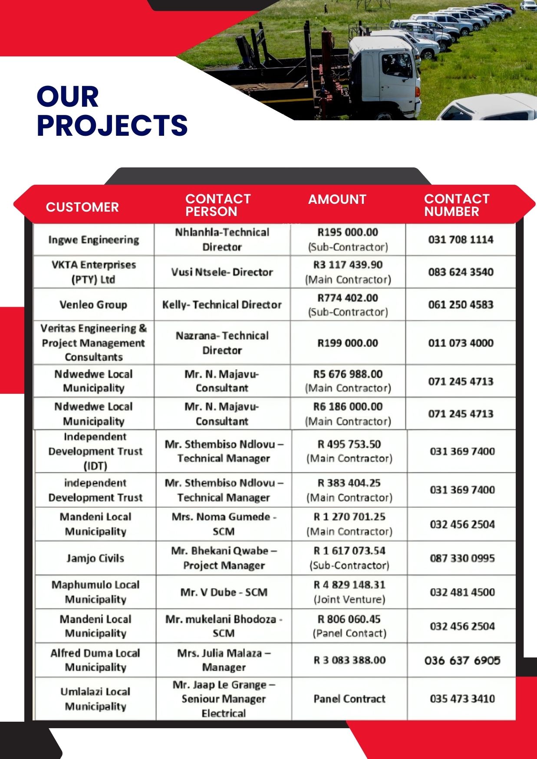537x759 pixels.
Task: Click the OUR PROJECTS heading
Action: tap(112, 111)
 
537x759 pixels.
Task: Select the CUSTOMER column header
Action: tap(82, 207)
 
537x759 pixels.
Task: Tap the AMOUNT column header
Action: tap(337, 199)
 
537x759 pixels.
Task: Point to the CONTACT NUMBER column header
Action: tap(457, 205)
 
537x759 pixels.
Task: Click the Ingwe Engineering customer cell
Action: tap(94, 240)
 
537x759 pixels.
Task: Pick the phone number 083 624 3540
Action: tap(461, 272)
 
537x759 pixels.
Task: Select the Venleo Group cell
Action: tap(93, 304)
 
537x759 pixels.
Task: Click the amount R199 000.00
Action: tap(348, 343)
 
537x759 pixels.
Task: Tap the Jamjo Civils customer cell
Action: tap(95, 558)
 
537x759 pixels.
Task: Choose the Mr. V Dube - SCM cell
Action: tap(224, 592)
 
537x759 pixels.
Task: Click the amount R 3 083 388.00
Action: tap(349, 660)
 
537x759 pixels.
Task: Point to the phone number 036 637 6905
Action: tap(462, 661)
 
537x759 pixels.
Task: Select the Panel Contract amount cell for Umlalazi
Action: tap(349, 699)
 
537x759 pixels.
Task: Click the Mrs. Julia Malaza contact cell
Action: tap(224, 660)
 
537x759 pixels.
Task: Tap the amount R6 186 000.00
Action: tap(348, 414)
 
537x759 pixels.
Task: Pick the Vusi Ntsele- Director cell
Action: tap(222, 272)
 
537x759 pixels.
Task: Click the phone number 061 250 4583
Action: tap(461, 304)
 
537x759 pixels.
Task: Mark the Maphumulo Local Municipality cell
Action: tap(95, 592)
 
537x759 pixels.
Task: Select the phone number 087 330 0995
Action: tap(462, 558)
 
